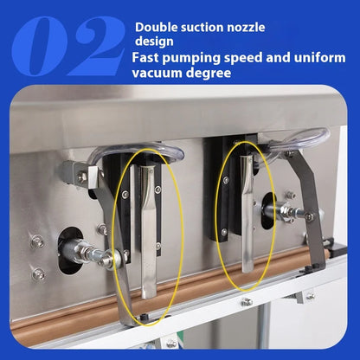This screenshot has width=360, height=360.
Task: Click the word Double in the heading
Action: (155, 27)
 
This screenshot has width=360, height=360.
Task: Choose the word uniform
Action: (319, 57)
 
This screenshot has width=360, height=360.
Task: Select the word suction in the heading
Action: (200, 27)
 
